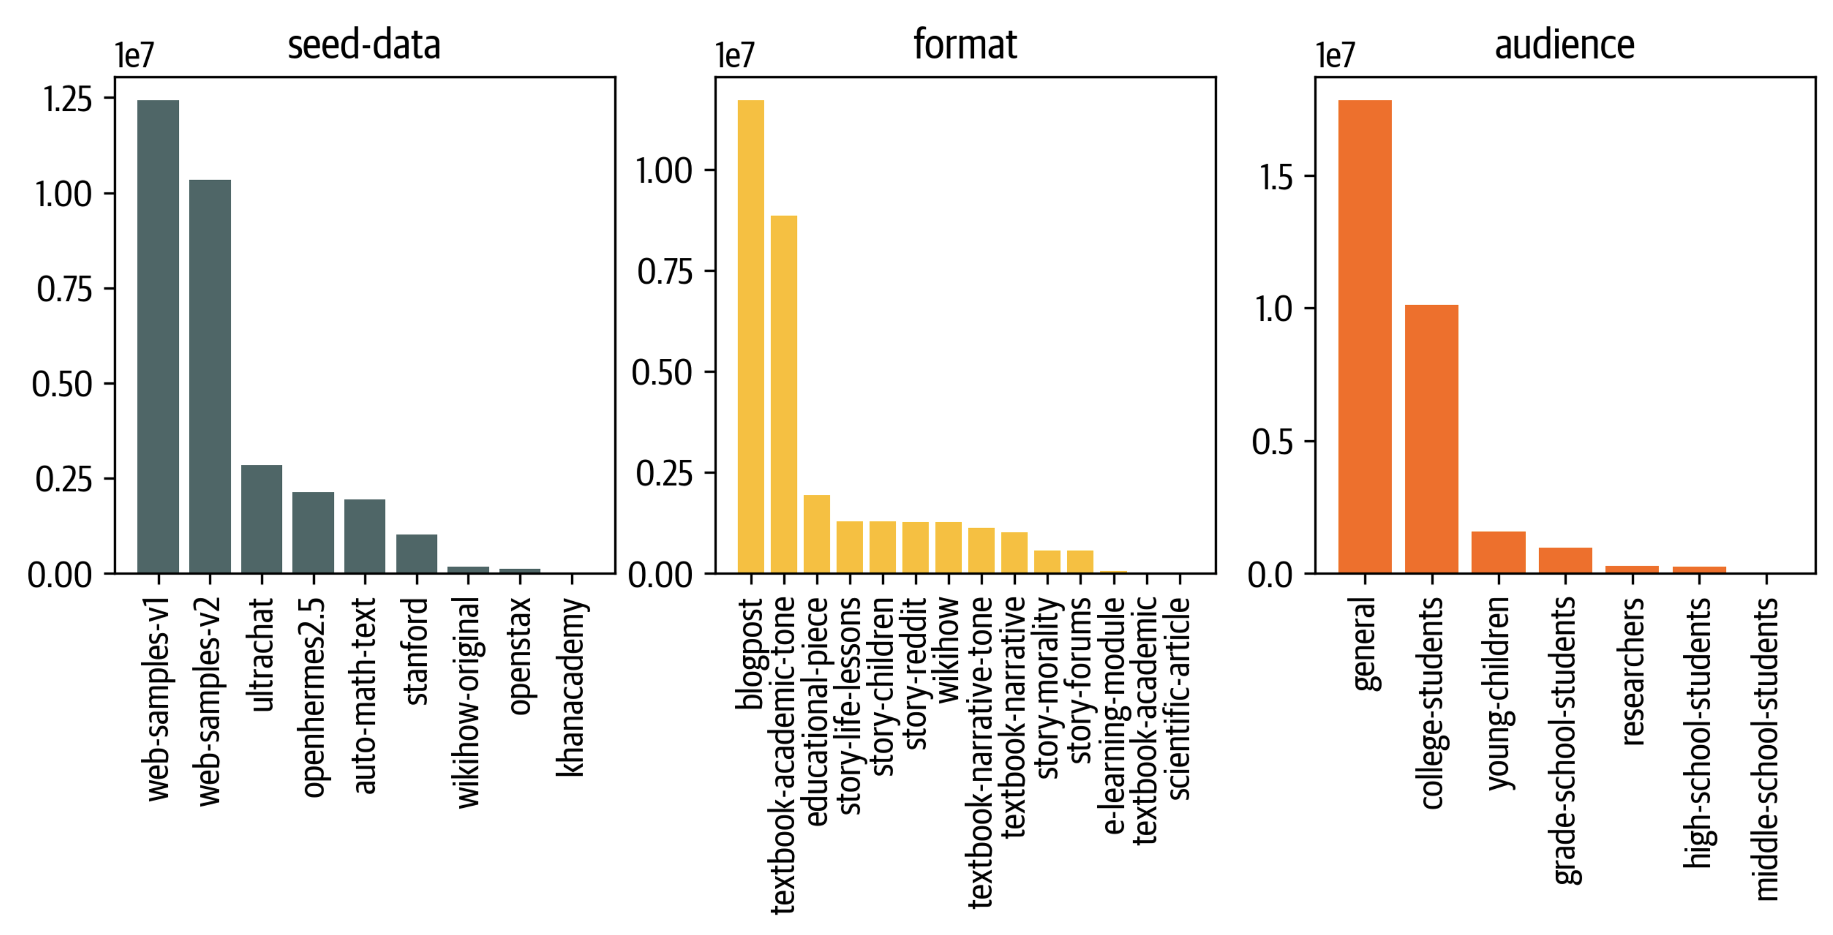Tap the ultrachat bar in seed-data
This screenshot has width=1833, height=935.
coord(261,519)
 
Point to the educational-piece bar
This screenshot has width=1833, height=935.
coord(817,534)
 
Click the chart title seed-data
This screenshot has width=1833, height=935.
coord(364,44)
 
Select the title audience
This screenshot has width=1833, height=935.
coord(1564,44)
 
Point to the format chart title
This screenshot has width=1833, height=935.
coord(965,44)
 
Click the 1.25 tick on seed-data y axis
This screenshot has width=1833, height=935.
coord(68,99)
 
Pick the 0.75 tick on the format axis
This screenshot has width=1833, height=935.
coord(664,272)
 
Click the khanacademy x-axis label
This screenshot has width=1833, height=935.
coord(571,687)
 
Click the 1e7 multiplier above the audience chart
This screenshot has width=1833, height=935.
coord(1335,56)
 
